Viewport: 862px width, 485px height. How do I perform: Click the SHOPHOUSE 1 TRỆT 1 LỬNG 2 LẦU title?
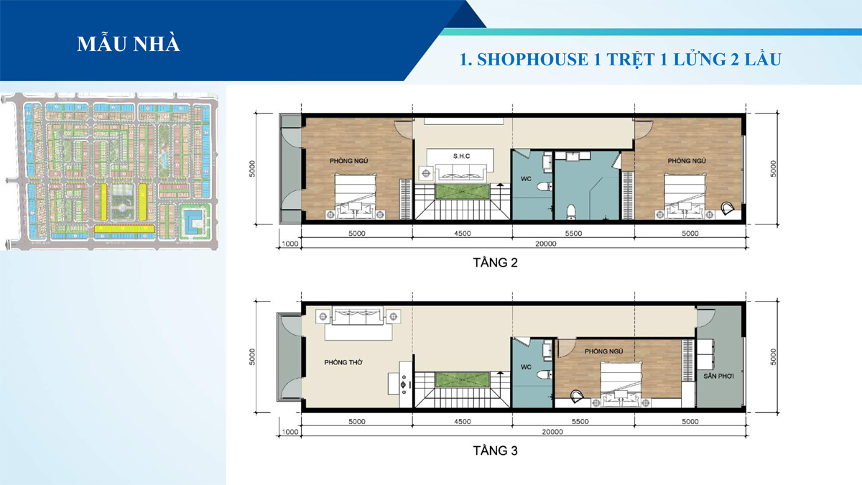(x=620, y=59)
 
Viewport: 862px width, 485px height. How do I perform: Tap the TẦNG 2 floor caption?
(x=495, y=263)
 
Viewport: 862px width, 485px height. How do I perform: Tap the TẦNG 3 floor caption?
(x=495, y=451)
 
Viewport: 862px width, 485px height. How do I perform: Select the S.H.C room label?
(x=461, y=156)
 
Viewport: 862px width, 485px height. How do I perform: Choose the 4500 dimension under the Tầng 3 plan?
(x=463, y=422)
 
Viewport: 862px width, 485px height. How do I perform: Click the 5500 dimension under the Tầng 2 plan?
(x=573, y=234)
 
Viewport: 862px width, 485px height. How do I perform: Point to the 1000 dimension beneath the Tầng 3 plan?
(x=290, y=433)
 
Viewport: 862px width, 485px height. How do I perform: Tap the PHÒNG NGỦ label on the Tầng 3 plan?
(x=602, y=351)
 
